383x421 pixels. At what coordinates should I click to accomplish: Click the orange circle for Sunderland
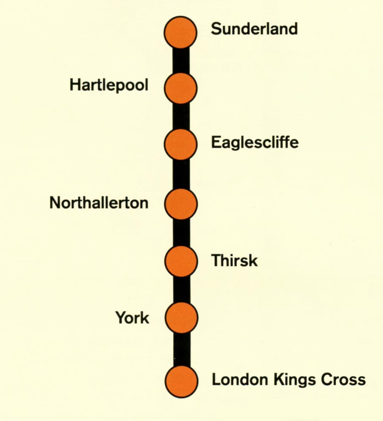tap(181, 32)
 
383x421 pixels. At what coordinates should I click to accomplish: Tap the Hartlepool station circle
tap(181, 88)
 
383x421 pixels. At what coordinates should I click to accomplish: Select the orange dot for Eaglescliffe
tap(181, 144)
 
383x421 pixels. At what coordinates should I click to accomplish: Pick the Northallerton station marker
tap(181, 204)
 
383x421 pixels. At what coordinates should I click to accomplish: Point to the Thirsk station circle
tap(181, 261)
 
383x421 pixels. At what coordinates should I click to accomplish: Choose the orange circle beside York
tap(181, 318)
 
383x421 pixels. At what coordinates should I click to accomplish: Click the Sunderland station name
tap(254, 29)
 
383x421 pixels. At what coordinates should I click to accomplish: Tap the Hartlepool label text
tap(109, 86)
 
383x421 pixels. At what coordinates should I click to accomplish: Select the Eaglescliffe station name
tap(255, 143)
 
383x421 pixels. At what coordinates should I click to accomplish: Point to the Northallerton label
tap(99, 203)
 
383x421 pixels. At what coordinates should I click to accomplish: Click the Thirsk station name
tap(234, 261)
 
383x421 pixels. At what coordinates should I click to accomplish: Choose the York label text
tap(132, 318)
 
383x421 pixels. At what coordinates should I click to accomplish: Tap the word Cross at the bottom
tap(343, 380)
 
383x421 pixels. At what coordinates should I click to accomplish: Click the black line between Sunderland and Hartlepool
tap(181, 60)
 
